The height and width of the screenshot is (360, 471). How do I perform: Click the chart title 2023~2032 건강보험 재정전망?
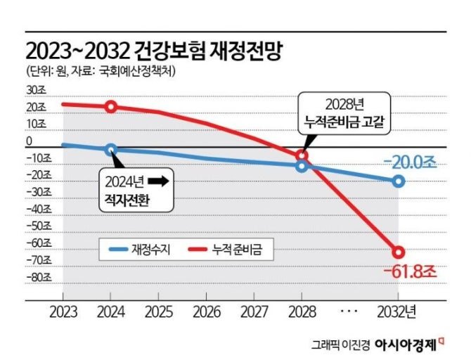point(154,51)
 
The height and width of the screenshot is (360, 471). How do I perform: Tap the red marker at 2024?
point(111,106)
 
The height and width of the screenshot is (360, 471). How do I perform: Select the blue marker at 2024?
point(111,149)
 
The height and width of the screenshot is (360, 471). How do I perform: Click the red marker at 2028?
point(302,155)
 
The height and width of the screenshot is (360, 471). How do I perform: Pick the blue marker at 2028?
point(302,166)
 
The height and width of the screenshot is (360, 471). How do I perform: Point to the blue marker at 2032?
point(399,181)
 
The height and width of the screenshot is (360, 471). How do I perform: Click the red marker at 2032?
point(399,252)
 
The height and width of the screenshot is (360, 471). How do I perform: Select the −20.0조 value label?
point(409,162)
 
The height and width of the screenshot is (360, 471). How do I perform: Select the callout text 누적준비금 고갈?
point(344,121)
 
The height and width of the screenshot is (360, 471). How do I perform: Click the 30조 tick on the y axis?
point(34,90)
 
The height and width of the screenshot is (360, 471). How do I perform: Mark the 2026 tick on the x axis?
point(206,309)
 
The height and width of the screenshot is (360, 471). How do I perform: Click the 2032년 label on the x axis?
point(403,309)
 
